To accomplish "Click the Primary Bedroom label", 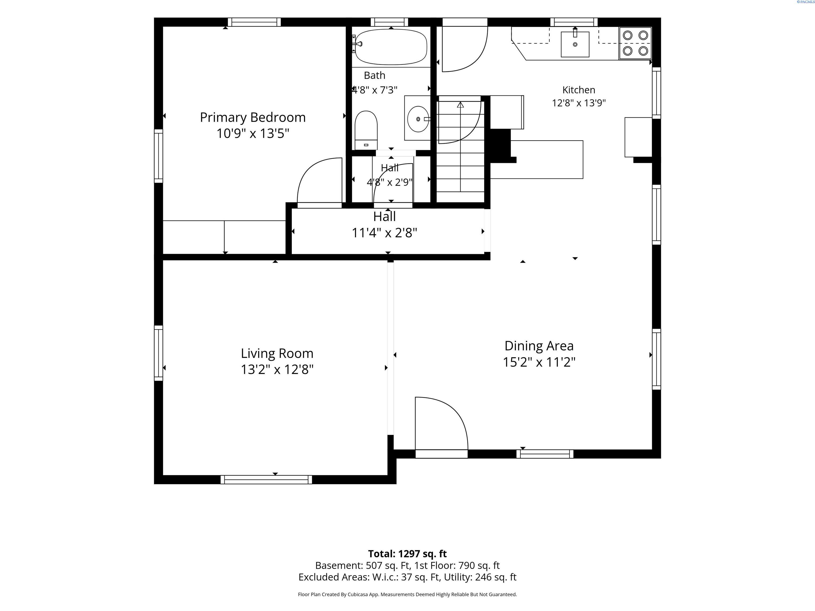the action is pos(253,117).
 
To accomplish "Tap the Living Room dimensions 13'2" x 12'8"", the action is pos(277,369).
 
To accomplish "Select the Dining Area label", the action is pos(539,346).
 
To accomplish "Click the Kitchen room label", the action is pos(578,90).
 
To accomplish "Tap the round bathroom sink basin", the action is pos(418,119).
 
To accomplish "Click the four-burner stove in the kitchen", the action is pos(635,43).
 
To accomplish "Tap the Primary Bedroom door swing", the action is pos(319,181).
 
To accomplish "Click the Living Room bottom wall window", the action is pos(266,479).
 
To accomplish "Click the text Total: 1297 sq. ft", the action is pos(407,553).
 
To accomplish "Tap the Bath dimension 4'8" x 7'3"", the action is pos(375,90).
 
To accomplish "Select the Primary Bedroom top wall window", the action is pos(254,22).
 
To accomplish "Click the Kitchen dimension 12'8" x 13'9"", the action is pos(578,103).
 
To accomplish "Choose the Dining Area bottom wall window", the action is pos(545,454).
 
